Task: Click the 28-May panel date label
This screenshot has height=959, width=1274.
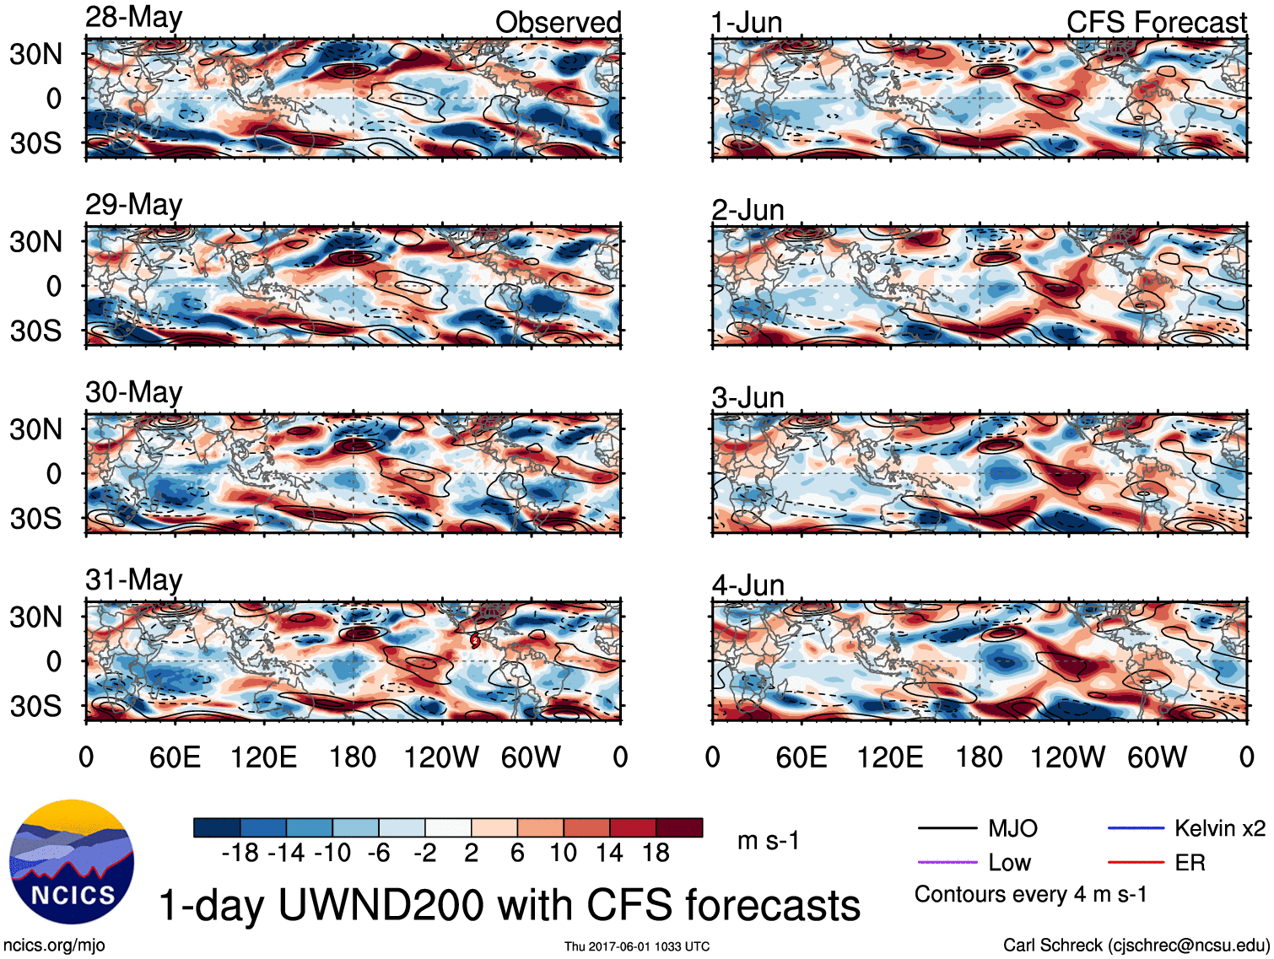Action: pos(134,18)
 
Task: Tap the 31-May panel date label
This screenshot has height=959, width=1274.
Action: pos(134,579)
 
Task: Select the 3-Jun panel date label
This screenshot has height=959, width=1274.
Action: pos(748,397)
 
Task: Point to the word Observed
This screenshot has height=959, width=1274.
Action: pos(558,23)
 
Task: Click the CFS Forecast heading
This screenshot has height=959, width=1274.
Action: pos(1156,23)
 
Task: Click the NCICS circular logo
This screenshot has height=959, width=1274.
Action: pos(72,861)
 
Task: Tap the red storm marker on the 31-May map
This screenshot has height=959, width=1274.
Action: pos(475,641)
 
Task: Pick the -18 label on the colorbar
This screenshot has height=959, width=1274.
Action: pos(240,853)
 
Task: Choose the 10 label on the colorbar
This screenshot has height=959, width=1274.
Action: pos(563,853)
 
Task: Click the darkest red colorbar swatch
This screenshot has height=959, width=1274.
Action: pos(679,827)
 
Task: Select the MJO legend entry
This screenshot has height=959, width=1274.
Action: pos(1012,828)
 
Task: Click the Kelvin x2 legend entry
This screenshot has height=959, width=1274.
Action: pos(1219,828)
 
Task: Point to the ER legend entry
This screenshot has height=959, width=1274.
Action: pos(1190,863)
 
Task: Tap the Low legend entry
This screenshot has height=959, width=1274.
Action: pos(1009,863)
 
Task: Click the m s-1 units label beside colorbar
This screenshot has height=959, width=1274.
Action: pos(768,840)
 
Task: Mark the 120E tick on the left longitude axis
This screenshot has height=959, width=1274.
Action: pos(263,757)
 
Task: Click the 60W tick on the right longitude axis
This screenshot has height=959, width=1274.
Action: pos(1157,757)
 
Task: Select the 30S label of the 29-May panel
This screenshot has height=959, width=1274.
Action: pos(36,331)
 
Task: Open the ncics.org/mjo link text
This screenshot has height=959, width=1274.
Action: pos(54,946)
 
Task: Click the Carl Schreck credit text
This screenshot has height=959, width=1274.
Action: pos(1136,946)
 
